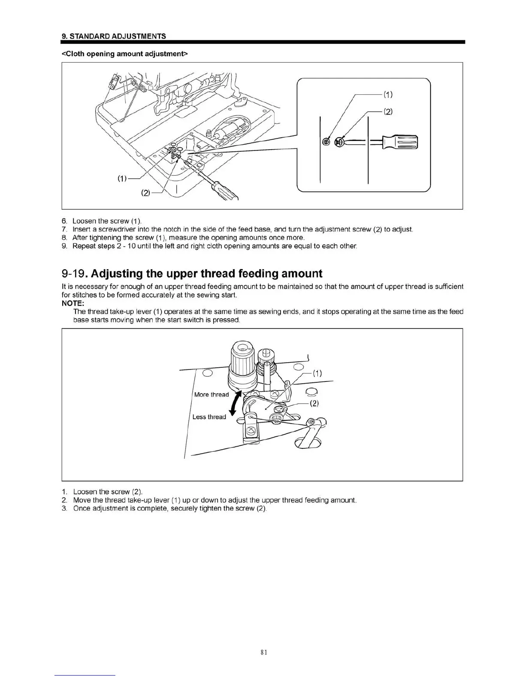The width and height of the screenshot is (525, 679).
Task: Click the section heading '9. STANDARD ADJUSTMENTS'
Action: tap(114, 36)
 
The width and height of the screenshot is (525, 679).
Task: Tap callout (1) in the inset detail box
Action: tap(387, 94)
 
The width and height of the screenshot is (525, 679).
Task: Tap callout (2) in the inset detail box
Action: tap(387, 112)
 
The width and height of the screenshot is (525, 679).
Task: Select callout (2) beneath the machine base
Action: tap(146, 193)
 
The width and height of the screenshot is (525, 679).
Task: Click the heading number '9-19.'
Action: tap(75, 273)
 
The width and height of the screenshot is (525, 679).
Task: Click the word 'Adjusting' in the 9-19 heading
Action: tap(117, 273)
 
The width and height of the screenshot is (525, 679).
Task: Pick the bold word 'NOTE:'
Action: tap(73, 303)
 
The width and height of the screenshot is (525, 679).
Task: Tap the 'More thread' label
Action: tap(211, 394)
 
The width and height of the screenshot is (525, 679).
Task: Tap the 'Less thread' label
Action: tap(209, 417)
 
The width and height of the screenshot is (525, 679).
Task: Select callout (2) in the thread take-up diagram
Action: tap(314, 403)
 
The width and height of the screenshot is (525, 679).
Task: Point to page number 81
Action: tap(264, 652)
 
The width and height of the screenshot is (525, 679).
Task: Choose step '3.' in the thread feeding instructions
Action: tap(64, 508)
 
